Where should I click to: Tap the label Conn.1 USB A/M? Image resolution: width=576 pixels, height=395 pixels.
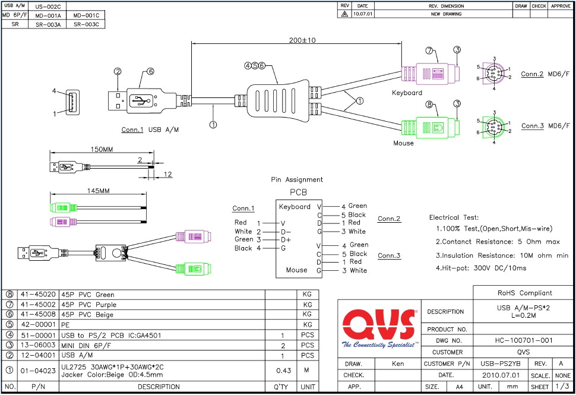coord(151,128)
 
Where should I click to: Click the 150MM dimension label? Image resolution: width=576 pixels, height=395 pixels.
coord(100,149)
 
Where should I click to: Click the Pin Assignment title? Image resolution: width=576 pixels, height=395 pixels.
coord(297,179)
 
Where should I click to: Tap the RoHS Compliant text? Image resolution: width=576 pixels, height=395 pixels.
coord(524,293)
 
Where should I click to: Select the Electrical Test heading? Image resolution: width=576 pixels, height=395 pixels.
coord(454,218)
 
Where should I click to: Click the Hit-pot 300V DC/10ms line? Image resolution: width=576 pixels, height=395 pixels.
coord(480,268)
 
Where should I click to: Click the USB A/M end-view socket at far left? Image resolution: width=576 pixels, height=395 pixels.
coord(72,102)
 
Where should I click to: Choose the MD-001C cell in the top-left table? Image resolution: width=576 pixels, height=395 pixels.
coord(86,15)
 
